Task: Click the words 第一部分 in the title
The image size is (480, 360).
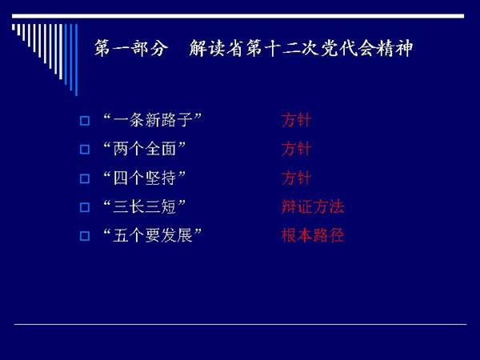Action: pos(131,48)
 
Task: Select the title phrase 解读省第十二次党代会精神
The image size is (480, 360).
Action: pos(301,48)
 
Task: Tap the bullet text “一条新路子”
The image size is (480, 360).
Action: pos(153,120)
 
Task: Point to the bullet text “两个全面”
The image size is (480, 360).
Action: pos(145,149)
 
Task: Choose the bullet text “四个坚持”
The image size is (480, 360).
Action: pos(145,178)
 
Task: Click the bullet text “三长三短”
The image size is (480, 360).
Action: pos(145,206)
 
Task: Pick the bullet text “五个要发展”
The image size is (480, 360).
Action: pos(153,235)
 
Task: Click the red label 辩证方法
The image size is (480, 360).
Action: pos(313,206)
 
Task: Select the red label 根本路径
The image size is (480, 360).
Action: pos(313,235)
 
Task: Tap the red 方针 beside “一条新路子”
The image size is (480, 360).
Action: pos(296,120)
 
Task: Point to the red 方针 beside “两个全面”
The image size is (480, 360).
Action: pos(296,149)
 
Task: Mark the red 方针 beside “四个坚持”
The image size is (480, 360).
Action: pos(296,178)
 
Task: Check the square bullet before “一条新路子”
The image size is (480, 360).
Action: pos(85,121)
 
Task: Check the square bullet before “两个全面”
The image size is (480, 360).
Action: pos(85,150)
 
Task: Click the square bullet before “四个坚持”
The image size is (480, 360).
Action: pos(85,178)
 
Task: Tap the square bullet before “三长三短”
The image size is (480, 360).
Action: pos(85,207)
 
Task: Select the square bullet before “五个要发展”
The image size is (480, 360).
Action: pos(85,236)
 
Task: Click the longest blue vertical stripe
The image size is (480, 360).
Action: pos(76,60)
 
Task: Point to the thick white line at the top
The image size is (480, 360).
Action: pos(238,16)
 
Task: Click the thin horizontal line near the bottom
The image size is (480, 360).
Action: pos(240,324)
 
